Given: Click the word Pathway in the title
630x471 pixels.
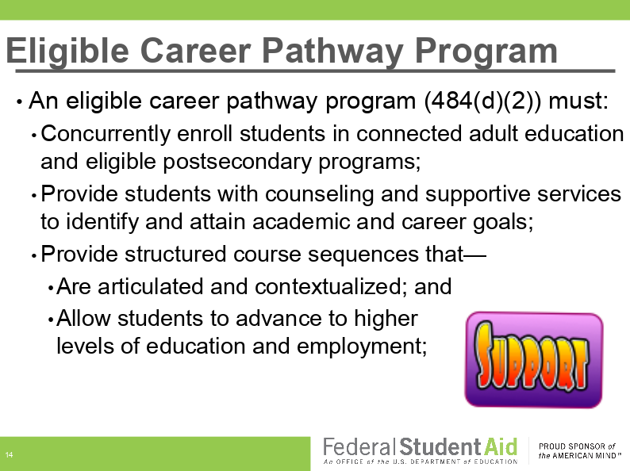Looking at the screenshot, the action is (332, 52).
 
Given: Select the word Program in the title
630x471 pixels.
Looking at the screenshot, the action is (486, 52).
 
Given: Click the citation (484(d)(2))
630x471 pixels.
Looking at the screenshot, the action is (483, 101).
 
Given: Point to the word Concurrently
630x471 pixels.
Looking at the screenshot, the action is (106, 135).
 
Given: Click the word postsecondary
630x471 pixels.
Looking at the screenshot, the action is (237, 163).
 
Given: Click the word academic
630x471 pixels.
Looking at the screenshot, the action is (301, 222).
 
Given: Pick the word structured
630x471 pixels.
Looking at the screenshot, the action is (175, 255).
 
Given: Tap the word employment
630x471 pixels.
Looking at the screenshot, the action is (362, 347).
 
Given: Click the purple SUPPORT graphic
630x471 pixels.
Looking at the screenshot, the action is (533, 360).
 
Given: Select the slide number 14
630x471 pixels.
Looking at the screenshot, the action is (9, 455).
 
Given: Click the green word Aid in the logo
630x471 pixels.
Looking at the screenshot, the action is (501, 447).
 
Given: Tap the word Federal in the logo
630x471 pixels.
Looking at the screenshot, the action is (357, 447).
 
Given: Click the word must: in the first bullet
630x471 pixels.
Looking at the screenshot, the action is (578, 101).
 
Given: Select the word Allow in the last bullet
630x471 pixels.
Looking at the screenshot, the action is (83, 319).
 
